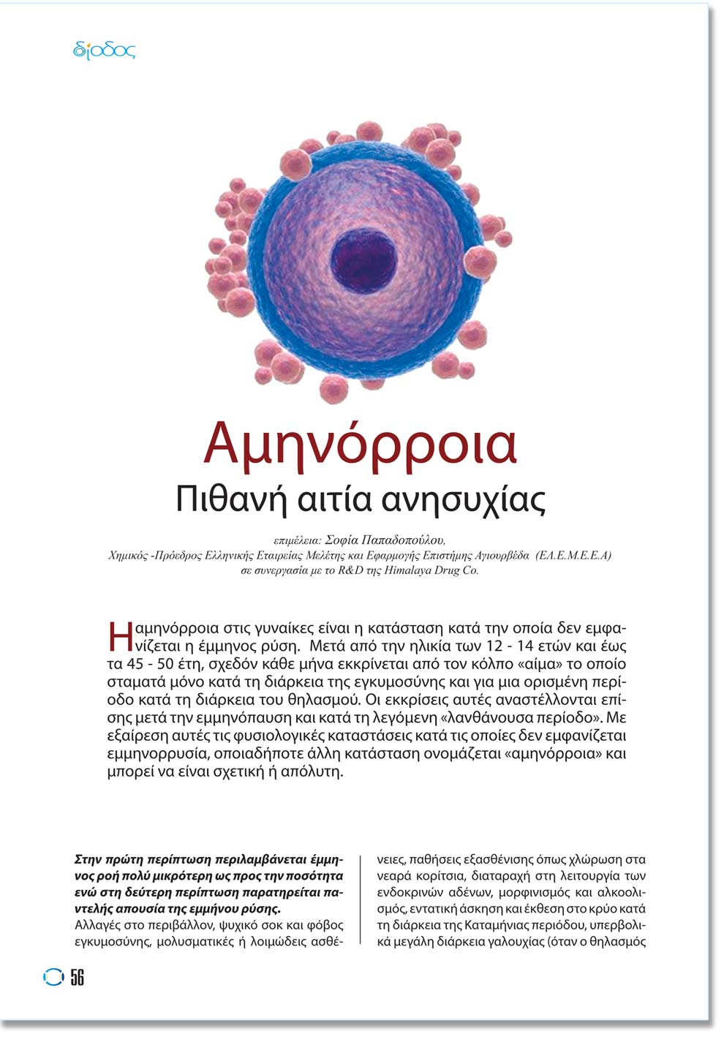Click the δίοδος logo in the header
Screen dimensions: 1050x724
(105, 50)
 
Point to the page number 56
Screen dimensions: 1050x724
(78, 977)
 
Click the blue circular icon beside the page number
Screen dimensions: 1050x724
(53, 977)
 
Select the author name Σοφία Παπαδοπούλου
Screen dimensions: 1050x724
(385, 540)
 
